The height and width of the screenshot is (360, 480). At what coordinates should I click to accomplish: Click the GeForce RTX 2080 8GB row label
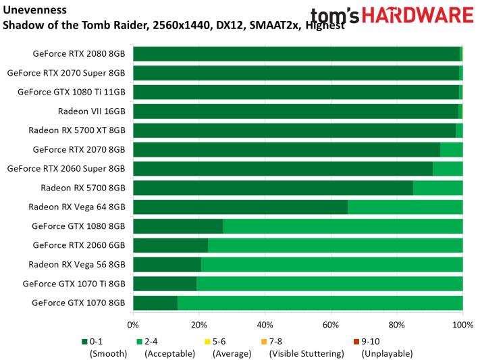(79, 54)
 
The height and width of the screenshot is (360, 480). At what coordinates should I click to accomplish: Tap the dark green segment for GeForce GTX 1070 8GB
(155, 303)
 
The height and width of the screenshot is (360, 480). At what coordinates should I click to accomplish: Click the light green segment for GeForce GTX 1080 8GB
(343, 226)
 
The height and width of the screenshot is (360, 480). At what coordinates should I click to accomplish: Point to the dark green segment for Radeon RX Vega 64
(240, 207)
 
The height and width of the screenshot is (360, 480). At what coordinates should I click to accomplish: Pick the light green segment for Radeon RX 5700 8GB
(437, 188)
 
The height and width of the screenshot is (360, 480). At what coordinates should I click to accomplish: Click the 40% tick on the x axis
(265, 325)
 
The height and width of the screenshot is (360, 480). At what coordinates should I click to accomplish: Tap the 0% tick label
(134, 325)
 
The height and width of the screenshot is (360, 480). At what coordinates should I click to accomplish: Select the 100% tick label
(462, 325)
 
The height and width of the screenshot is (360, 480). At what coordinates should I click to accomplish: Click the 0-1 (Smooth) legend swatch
(84, 342)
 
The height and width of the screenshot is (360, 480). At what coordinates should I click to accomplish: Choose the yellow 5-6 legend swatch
(207, 342)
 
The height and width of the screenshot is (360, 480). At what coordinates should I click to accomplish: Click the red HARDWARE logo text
(415, 16)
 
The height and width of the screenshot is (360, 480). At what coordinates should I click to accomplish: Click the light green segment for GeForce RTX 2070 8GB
(451, 149)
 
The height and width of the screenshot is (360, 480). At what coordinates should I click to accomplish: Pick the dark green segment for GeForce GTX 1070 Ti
(165, 284)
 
